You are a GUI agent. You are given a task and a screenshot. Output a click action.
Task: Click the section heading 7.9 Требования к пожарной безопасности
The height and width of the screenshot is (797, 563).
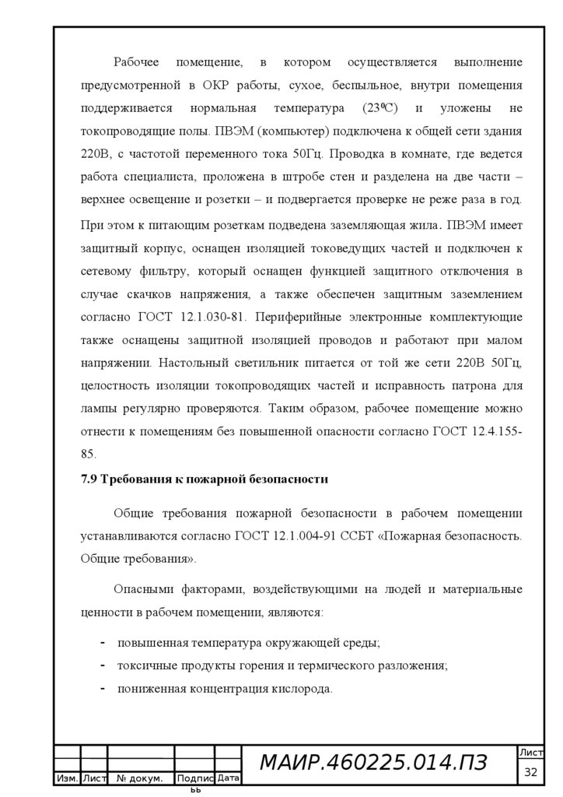[x=205, y=479]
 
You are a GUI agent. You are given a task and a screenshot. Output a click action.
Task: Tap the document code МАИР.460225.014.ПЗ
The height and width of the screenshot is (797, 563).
[x=373, y=764]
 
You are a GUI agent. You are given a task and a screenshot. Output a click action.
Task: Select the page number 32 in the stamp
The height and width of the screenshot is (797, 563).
[x=531, y=772]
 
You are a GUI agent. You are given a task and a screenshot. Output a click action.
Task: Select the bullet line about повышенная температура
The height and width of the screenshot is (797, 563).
[x=248, y=644]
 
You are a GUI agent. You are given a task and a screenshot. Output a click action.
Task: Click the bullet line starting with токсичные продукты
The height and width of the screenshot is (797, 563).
[x=282, y=666]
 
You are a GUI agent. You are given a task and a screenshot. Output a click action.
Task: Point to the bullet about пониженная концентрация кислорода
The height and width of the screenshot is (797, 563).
[x=225, y=689]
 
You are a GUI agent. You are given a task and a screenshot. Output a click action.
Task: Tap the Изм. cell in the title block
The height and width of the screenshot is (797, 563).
[x=66, y=778]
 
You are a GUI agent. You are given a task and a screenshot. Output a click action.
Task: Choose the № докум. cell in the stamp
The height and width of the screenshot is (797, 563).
[x=140, y=778]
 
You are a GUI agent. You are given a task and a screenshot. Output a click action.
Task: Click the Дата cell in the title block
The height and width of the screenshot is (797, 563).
[x=229, y=778]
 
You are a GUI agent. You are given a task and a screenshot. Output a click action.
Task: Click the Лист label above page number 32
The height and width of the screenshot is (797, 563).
[x=531, y=753]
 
